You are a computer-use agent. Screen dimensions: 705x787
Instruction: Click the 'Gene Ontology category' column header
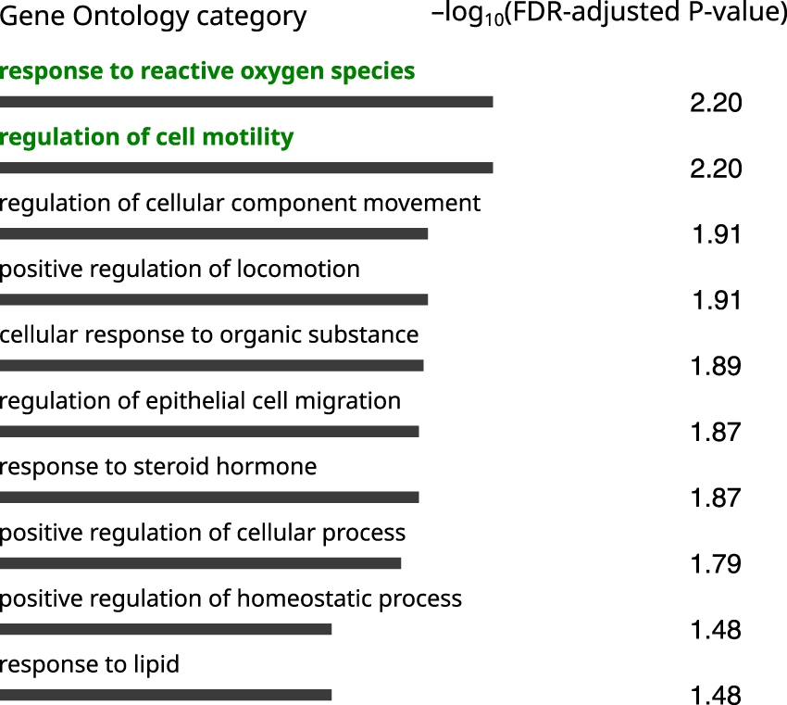(153, 17)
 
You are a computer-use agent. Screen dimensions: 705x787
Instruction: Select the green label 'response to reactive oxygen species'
(207, 71)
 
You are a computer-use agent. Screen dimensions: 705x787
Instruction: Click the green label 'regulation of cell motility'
(146, 137)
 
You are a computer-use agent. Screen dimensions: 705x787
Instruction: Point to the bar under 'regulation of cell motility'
(246, 168)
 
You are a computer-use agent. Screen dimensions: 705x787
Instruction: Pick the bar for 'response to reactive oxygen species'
(246, 102)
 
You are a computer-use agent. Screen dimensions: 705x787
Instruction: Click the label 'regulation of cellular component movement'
(240, 203)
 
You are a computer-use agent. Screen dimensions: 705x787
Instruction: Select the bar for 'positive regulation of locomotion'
(214, 299)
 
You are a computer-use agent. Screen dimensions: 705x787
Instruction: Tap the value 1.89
(716, 366)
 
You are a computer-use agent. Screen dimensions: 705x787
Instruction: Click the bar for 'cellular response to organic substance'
(211, 365)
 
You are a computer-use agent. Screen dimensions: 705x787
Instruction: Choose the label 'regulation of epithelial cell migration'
(200, 401)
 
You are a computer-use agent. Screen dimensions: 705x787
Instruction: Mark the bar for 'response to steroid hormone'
(209, 497)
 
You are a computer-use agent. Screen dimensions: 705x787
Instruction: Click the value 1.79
(716, 563)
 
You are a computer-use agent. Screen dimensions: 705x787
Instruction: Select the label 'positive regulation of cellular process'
(203, 533)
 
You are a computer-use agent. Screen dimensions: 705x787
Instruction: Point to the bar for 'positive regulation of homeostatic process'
(166, 629)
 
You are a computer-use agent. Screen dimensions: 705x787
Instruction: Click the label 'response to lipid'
(90, 664)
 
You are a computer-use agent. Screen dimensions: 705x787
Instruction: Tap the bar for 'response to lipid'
(166, 695)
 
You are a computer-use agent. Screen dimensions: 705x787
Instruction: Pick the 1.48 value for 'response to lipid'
(716, 695)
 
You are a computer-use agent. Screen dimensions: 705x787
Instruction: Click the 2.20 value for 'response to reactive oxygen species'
(716, 103)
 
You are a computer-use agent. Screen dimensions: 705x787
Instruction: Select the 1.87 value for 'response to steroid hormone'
(716, 497)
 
